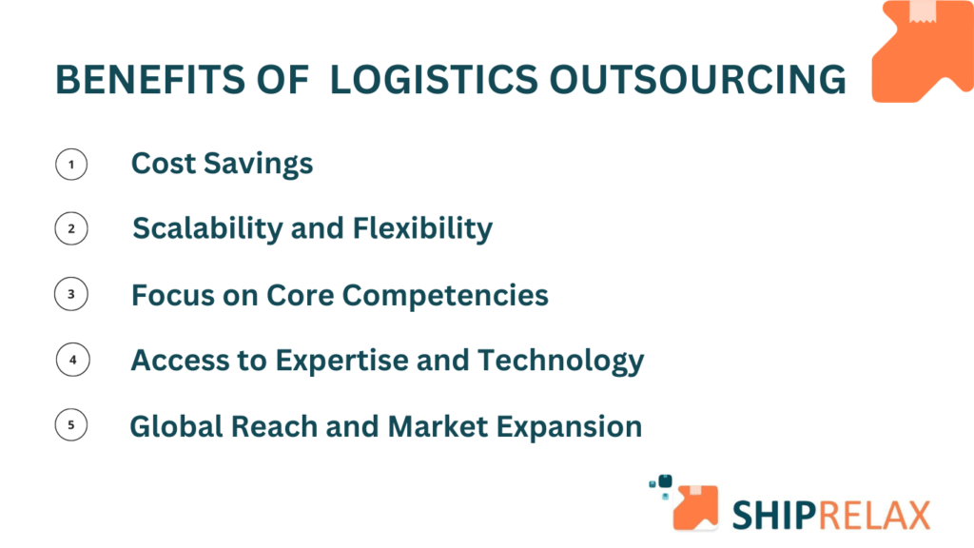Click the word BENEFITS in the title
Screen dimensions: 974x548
150,80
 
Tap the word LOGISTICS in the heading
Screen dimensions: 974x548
434,80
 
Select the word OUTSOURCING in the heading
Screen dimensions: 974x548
697,80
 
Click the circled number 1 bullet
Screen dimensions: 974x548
71,165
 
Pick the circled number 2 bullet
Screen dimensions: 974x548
71,228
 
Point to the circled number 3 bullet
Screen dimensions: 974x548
70,294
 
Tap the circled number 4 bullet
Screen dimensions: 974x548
72,360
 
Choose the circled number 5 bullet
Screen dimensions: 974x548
70,425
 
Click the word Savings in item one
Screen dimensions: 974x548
259,165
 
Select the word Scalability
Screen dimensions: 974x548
207,228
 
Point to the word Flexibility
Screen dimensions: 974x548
422,228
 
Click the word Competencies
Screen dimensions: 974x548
445,295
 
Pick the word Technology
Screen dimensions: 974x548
561,361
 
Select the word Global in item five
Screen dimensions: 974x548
176,427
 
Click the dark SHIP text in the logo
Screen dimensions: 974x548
774,515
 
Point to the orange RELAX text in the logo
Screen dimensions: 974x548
874,515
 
